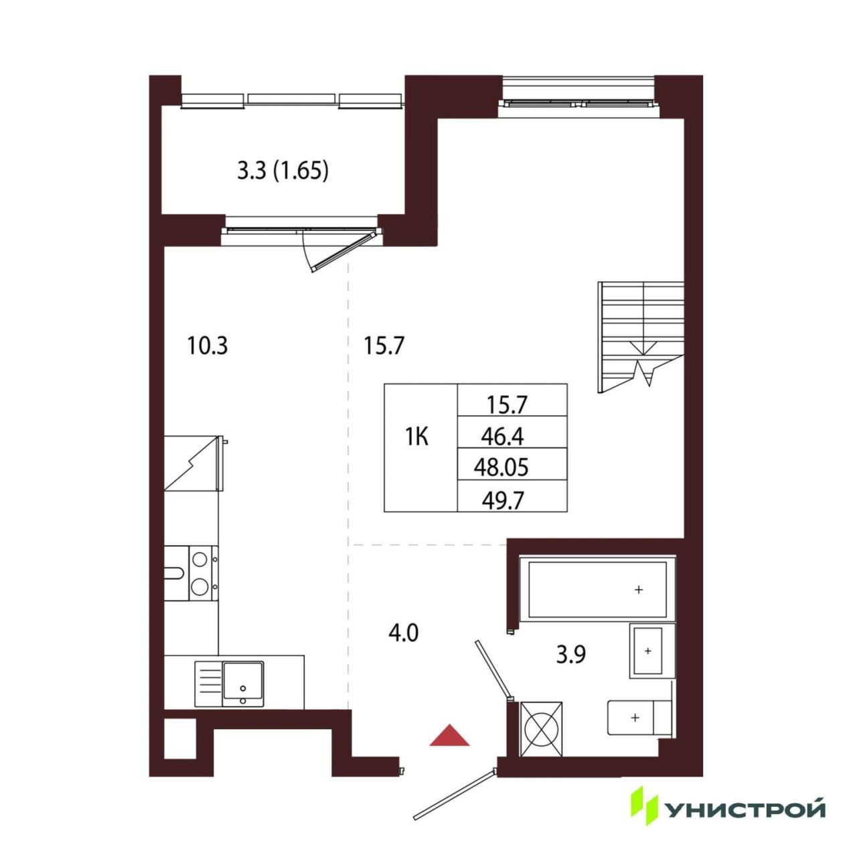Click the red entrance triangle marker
coord(449,735)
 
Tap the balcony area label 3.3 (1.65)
coord(283,171)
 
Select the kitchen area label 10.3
coord(208,346)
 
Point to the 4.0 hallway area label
coord(403,633)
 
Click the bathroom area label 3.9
coord(571,654)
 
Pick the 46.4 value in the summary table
coord(502,438)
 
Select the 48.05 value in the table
coord(501,468)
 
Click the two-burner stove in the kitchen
coord(204,574)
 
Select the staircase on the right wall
coord(640,337)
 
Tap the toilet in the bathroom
coord(639,716)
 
